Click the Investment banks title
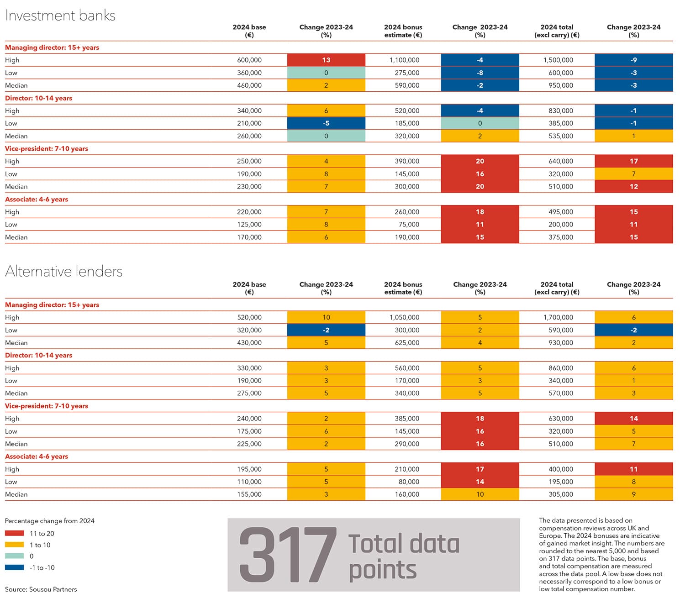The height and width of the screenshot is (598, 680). (x=60, y=16)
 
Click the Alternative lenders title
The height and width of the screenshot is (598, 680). (x=64, y=271)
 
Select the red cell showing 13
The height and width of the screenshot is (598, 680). (x=326, y=60)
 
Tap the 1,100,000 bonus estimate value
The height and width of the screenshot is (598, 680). (x=404, y=60)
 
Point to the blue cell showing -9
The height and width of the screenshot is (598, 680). (x=634, y=60)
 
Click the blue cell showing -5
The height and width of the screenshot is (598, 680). (x=326, y=123)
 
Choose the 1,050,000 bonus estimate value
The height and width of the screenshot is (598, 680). (x=404, y=317)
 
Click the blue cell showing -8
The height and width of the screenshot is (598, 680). (x=480, y=73)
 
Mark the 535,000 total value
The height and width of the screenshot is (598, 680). (x=561, y=136)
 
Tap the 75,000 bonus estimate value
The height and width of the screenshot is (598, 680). (x=409, y=225)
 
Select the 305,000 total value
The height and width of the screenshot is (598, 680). (x=561, y=494)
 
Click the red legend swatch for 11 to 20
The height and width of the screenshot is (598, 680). (x=15, y=533)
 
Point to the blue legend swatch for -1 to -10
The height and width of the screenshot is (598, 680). (x=15, y=567)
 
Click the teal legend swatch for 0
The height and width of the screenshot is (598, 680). (x=15, y=556)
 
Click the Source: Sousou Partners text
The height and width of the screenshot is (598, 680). (x=41, y=589)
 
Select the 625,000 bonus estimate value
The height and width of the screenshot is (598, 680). (x=407, y=343)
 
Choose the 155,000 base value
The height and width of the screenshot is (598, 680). (x=249, y=494)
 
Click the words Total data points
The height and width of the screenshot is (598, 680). (x=404, y=557)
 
